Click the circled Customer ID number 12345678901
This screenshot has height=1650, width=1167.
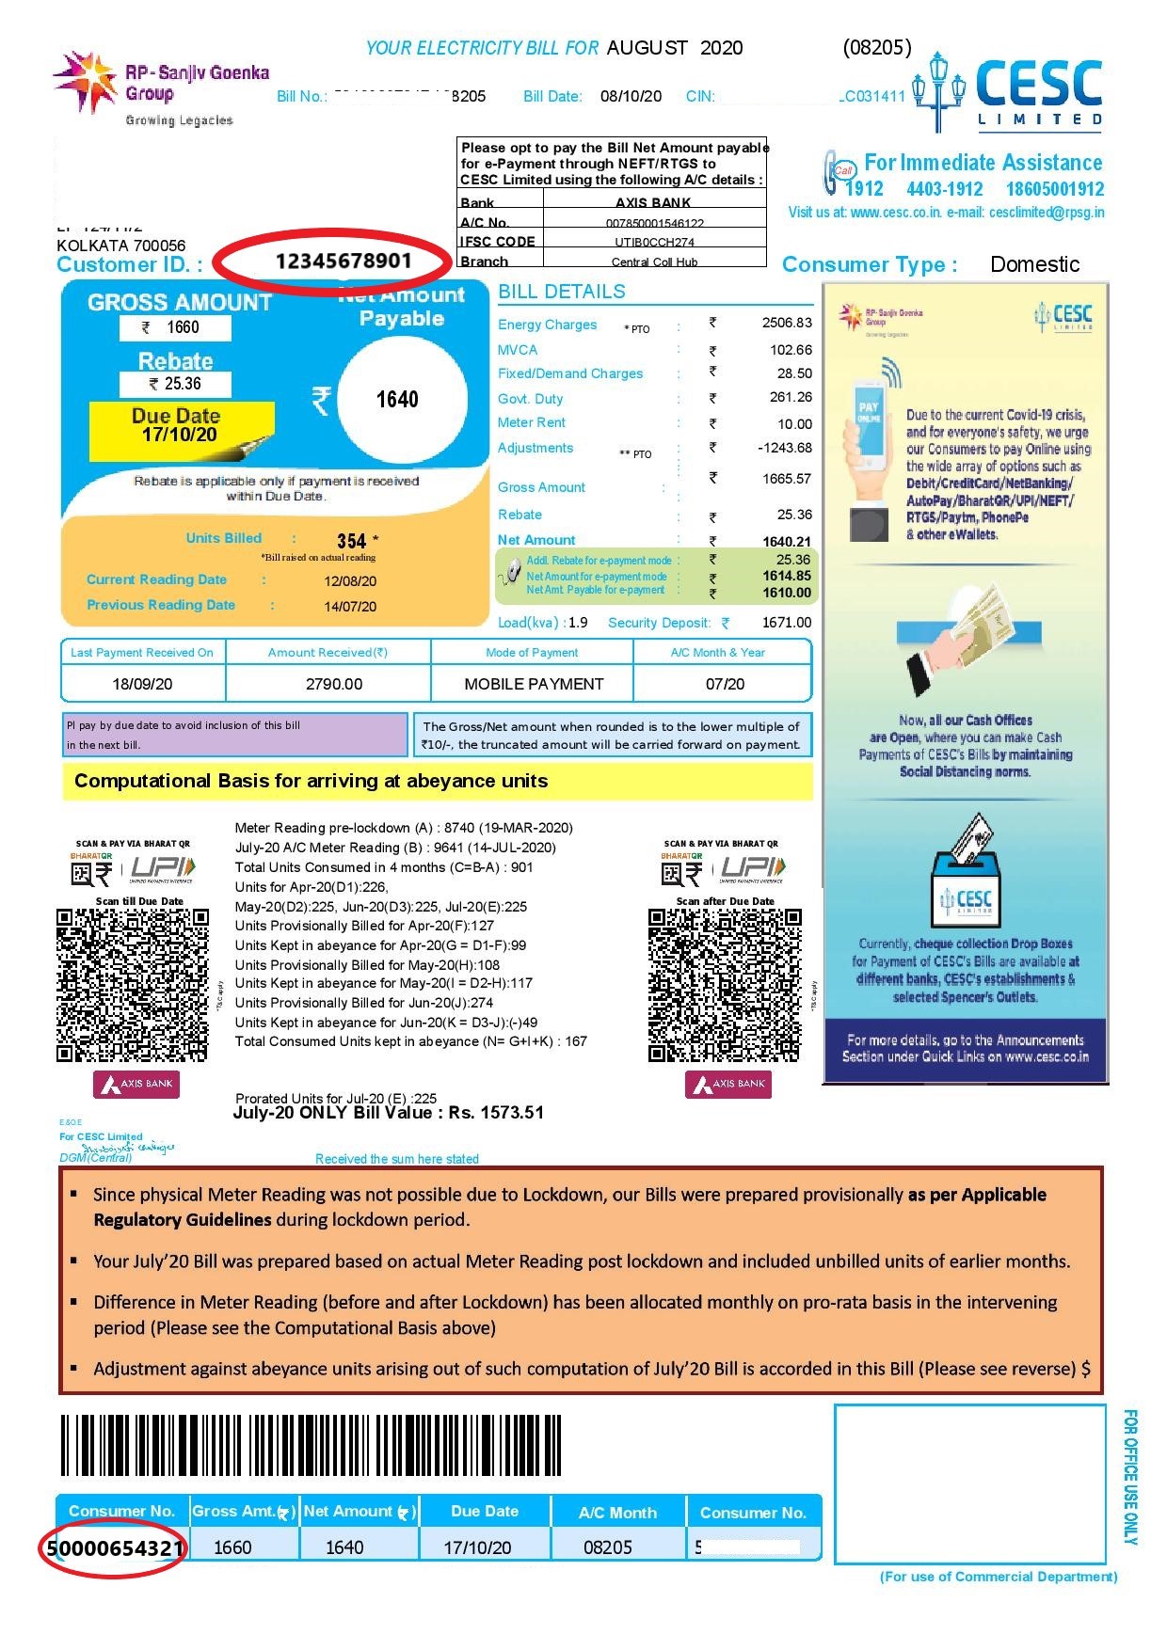pyautogui.click(x=343, y=261)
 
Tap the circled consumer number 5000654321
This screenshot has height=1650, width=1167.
pyautogui.click(x=114, y=1547)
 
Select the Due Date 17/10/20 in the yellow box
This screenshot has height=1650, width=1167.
pyautogui.click(x=179, y=435)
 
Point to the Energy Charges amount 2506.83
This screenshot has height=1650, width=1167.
pyautogui.click(x=787, y=323)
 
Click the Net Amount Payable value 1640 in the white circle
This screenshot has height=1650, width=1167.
pyautogui.click(x=397, y=400)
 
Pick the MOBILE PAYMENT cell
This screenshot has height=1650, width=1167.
pyautogui.click(x=534, y=684)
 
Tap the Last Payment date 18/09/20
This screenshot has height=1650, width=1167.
pyautogui.click(x=142, y=684)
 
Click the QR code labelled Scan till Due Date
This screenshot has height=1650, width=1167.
pyautogui.click(x=132, y=985)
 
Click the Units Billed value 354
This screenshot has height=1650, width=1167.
pyautogui.click(x=351, y=541)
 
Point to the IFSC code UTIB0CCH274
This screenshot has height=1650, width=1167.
pyautogui.click(x=654, y=242)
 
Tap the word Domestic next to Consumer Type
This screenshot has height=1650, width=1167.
pyautogui.click(x=1034, y=264)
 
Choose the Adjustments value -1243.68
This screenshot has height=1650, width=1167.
pyautogui.click(x=785, y=448)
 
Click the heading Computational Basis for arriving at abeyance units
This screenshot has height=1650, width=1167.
pyautogui.click(x=311, y=781)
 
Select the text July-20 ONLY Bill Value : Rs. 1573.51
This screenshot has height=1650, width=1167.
pyautogui.click(x=388, y=1113)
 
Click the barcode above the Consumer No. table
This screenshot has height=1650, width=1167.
pyautogui.click(x=311, y=1445)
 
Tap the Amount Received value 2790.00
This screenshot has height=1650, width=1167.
pyautogui.click(x=334, y=684)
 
